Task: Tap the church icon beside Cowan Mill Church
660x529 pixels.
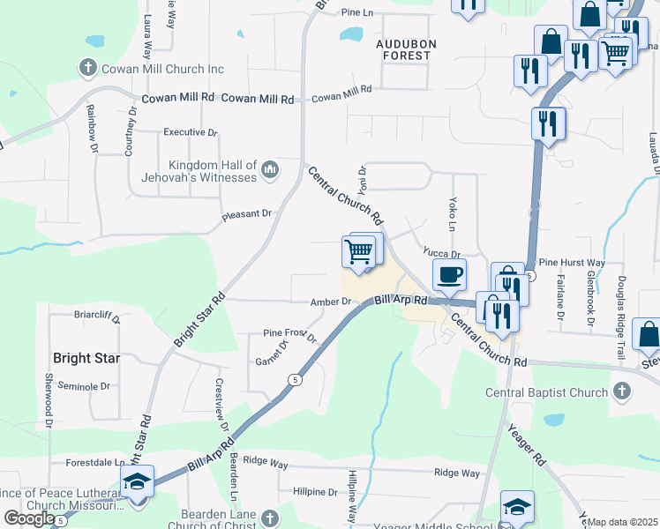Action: click(x=87, y=67)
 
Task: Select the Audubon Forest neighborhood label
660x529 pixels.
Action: click(x=403, y=48)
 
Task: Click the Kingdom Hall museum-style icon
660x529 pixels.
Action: click(x=270, y=168)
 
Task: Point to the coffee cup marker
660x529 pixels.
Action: click(x=449, y=274)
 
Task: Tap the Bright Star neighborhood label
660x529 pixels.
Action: click(x=86, y=359)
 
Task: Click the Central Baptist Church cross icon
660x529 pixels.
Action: click(x=621, y=391)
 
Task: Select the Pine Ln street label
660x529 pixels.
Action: click(x=357, y=13)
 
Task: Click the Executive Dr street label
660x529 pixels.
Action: click(x=190, y=132)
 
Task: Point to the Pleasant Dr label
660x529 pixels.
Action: click(x=246, y=213)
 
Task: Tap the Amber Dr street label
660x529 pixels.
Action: click(x=331, y=302)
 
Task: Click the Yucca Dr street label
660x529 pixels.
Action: click(x=442, y=254)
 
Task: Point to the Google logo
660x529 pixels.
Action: click(x=29, y=518)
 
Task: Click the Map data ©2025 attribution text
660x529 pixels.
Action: click(x=623, y=522)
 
